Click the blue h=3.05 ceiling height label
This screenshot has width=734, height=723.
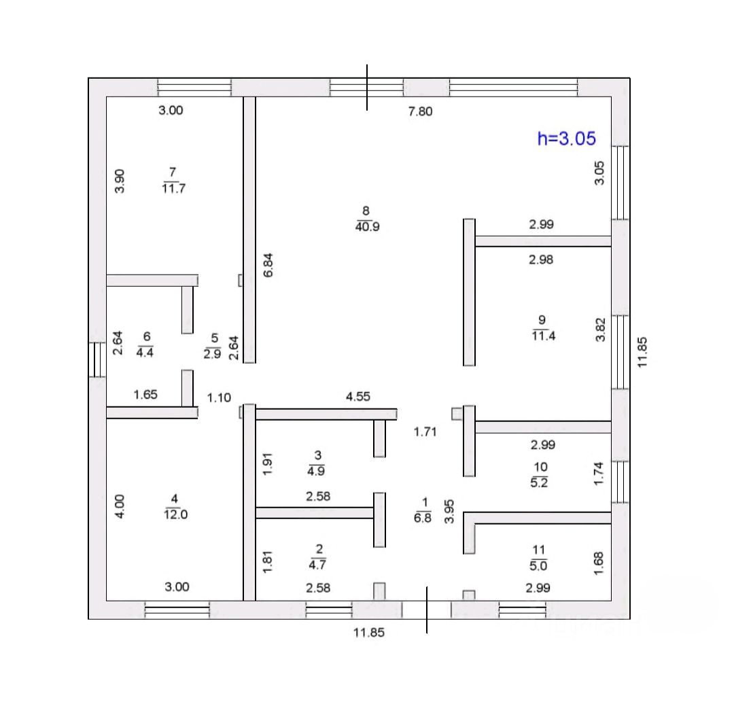click(x=566, y=139)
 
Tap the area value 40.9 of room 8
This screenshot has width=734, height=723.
click(x=367, y=227)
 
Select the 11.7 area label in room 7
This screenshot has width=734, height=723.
click(x=174, y=188)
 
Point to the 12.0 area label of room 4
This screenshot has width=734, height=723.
click(x=175, y=514)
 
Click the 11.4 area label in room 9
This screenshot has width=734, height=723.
click(x=544, y=334)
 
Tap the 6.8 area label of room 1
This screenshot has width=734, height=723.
click(x=423, y=517)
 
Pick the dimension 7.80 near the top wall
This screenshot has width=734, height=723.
click(x=420, y=112)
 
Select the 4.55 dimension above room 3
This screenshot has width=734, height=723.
click(x=358, y=397)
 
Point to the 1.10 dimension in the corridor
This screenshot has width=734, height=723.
click(x=219, y=398)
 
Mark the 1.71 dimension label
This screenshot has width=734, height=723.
click(x=426, y=431)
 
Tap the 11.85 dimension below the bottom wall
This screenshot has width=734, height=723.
click(x=368, y=632)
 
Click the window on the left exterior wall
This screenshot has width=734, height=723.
click(x=97, y=358)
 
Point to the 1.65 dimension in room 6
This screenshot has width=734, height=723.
click(x=146, y=394)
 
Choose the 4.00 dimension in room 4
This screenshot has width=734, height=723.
click(x=119, y=507)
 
